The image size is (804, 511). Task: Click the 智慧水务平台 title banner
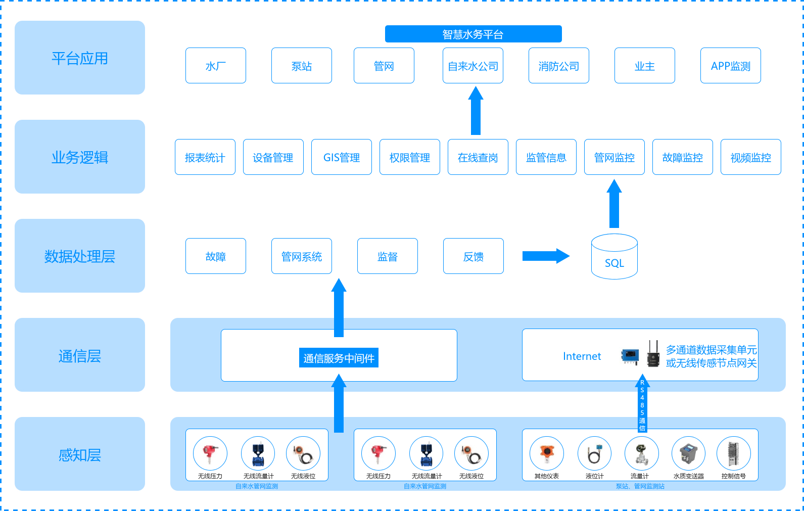coord(473,34)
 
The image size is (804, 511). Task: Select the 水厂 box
coord(216,66)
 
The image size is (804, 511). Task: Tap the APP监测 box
coord(730,66)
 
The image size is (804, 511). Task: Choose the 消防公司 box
coord(558,66)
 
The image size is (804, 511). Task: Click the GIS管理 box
coord(342,157)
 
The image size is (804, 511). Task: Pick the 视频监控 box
coord(750,157)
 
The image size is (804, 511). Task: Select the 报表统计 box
coord(205,157)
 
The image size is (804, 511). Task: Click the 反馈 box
coord(474,256)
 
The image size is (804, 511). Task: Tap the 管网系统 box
coord(302,256)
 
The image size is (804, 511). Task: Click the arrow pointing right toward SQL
coord(545,256)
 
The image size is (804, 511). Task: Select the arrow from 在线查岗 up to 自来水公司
coord(476,111)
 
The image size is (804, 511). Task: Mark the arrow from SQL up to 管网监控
coord(614,204)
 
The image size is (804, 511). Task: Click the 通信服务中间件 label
coord(339,358)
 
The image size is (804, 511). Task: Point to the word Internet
coord(582,356)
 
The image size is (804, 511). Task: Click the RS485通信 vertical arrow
coord(642,404)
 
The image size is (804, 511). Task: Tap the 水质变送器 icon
coord(688,453)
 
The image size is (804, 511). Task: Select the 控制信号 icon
coord(733,453)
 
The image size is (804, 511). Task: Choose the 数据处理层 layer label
coord(80,256)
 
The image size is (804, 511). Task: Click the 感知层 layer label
coord(80,454)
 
